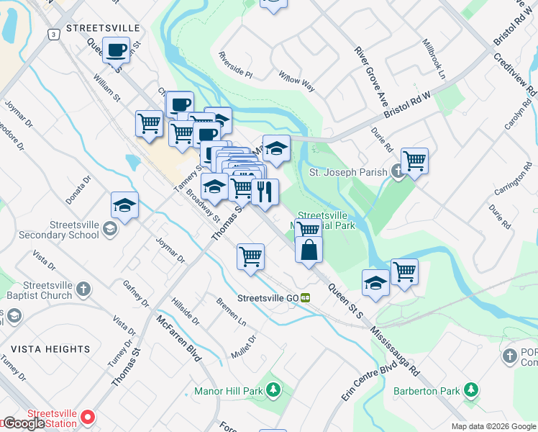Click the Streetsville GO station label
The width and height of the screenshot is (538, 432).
268,297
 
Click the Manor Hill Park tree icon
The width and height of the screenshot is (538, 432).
273,390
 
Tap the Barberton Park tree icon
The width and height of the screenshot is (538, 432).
471,390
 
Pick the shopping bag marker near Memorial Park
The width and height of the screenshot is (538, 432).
309,250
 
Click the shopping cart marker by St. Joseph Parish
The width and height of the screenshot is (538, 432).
414,161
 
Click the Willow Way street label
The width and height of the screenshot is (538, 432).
297,82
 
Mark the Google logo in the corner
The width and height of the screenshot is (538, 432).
23,423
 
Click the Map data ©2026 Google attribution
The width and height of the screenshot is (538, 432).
493,426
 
